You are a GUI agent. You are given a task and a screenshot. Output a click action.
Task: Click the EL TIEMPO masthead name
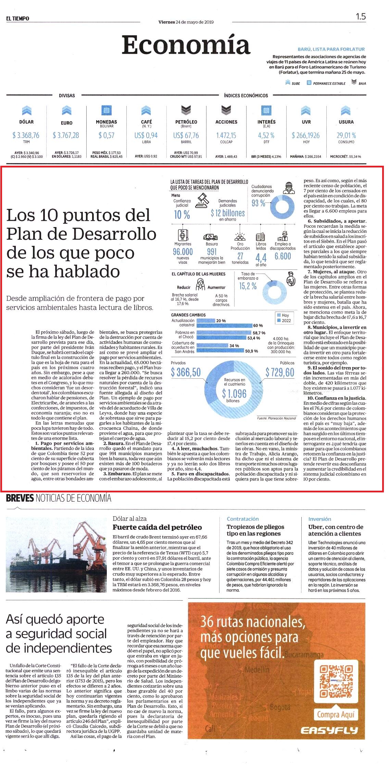click(x=18, y=18)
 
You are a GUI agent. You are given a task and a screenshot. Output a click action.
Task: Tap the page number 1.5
click(x=361, y=16)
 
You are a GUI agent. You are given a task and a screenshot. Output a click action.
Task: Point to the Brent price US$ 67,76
click(x=186, y=135)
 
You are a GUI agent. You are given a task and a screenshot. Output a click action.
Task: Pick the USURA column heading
click(x=346, y=122)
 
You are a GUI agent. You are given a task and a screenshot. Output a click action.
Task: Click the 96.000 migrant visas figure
click(x=183, y=252)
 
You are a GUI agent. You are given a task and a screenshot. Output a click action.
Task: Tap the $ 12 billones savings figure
click(x=228, y=213)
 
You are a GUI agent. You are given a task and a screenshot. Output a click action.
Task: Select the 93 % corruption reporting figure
click(x=259, y=203)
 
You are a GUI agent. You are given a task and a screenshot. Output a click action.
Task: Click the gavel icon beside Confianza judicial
click(x=202, y=201)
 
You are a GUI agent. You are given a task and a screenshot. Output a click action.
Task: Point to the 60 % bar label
click(x=258, y=326)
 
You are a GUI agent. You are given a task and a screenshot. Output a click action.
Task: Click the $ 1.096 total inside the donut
click(x=234, y=394)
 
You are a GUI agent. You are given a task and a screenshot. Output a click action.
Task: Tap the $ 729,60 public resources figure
click(x=280, y=372)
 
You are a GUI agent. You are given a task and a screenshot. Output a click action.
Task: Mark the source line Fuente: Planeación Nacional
click(x=277, y=418)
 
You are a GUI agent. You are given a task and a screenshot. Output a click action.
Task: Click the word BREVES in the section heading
click(x=20, y=498)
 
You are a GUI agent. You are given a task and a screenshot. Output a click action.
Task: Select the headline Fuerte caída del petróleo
click(x=157, y=527)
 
